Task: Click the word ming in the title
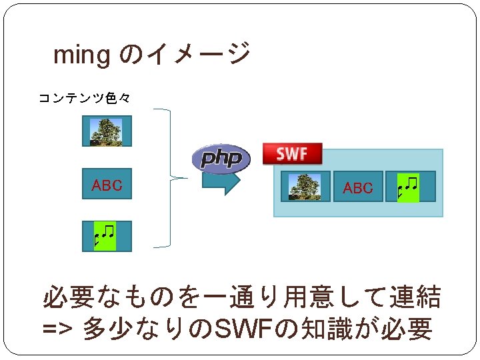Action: [81, 56]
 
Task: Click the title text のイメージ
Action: [185, 53]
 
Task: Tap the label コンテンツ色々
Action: [83, 99]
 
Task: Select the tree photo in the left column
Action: [107, 131]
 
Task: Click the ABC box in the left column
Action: [107, 185]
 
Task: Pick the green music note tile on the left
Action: [105, 236]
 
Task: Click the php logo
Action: [221, 159]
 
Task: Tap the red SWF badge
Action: [292, 154]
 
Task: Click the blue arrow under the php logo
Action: [221, 182]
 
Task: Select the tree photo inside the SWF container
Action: [305, 187]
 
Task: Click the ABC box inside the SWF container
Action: [358, 187]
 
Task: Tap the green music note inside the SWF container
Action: [407, 187]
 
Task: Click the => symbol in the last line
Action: [58, 329]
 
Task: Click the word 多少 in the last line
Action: [103, 329]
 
